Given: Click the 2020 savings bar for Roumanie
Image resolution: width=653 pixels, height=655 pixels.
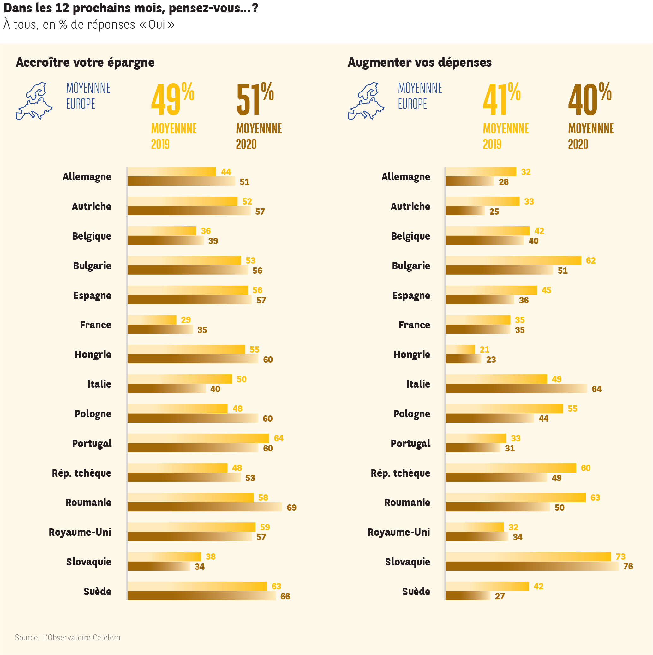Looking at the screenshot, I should click(205, 507).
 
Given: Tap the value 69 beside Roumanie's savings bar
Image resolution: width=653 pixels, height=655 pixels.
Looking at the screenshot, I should click(291, 508).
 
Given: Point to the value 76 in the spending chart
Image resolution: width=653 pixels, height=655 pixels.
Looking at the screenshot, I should click(628, 567).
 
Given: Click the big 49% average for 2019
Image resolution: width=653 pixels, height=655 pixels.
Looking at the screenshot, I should click(172, 99).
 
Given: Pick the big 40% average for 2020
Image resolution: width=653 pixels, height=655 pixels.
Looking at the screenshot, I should click(590, 99).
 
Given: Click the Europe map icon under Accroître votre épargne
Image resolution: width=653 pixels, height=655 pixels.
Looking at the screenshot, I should click(34, 101).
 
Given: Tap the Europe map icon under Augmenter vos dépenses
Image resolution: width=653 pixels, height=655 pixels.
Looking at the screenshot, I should click(366, 101).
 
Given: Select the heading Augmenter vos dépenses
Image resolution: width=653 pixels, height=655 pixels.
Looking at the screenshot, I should click(419, 63).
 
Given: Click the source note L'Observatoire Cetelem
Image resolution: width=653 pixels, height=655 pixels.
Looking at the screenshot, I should click(68, 637).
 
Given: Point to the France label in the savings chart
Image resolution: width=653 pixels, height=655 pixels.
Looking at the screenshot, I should click(95, 325).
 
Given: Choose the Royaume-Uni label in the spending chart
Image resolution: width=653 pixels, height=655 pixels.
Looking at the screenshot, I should click(398, 532).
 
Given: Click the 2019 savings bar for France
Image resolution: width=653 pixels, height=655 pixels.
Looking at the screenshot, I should click(152, 320).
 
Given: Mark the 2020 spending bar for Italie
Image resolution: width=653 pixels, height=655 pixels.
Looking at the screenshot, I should click(516, 389).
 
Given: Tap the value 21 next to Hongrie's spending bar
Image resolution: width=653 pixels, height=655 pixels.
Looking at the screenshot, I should click(484, 349).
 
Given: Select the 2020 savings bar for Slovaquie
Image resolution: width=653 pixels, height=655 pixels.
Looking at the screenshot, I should click(159, 566).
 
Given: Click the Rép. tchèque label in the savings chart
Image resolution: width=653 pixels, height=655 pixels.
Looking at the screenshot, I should click(81, 473).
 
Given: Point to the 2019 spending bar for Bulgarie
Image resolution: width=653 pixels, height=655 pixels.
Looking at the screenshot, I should click(513, 260).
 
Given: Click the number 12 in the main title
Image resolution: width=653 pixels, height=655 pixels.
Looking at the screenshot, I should click(62, 8).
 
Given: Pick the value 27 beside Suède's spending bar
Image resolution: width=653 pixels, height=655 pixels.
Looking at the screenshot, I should click(500, 596).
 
